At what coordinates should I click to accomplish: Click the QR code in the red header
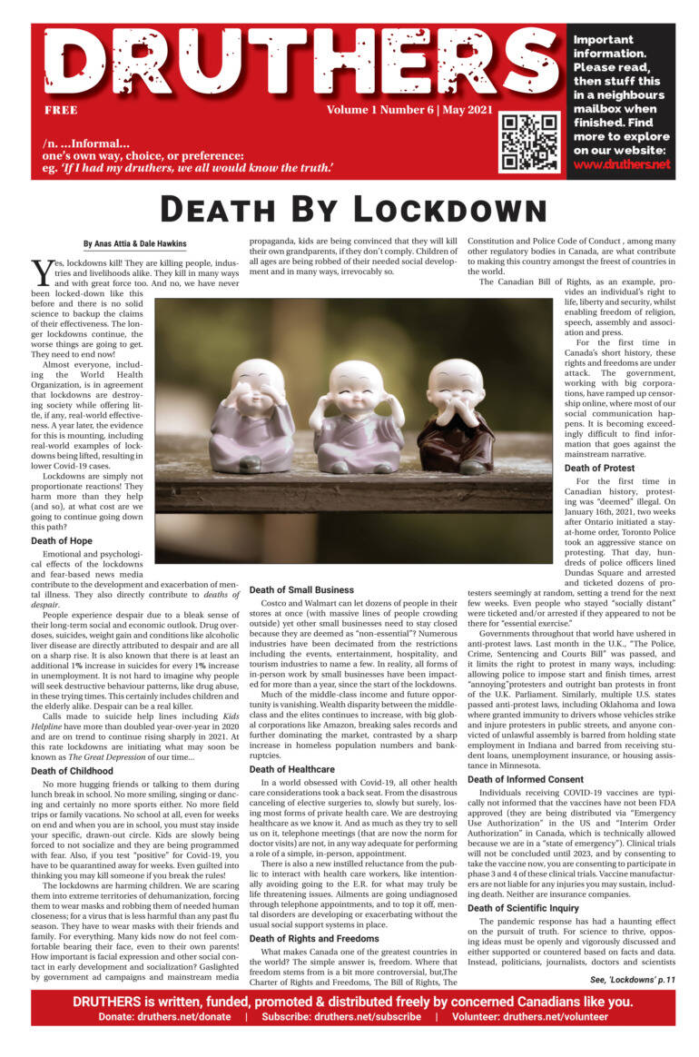(531, 142)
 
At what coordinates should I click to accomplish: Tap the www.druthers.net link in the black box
(621, 164)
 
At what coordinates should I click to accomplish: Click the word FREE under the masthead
(60, 110)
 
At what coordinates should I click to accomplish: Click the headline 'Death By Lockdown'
(349, 209)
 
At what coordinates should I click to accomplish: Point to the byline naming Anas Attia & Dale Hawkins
(135, 243)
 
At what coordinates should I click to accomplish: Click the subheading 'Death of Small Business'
(302, 590)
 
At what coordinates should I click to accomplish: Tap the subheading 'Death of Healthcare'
(291, 769)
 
